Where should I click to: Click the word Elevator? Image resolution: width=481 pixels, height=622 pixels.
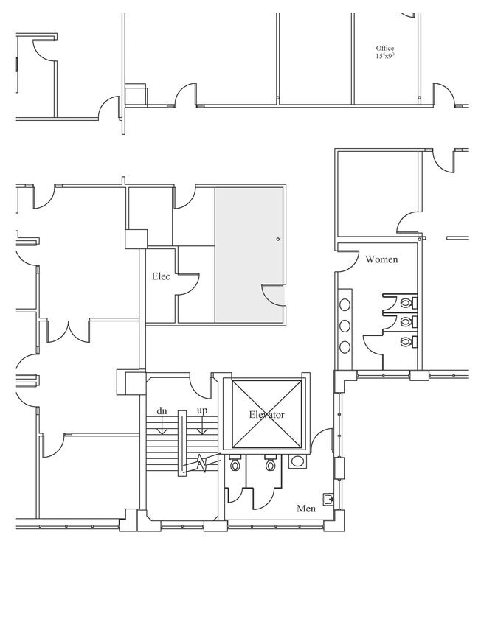266,415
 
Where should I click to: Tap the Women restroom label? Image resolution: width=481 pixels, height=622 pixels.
381,259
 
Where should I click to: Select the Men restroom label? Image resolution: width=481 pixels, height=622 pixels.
306,509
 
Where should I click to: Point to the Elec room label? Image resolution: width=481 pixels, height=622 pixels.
161,276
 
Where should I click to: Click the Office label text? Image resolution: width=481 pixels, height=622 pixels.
385,49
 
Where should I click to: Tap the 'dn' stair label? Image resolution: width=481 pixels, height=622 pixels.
161,410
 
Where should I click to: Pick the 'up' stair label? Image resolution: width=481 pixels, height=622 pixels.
201,410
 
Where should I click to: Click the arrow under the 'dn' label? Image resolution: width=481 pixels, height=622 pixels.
162,426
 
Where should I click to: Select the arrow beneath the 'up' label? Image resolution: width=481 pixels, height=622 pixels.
201,426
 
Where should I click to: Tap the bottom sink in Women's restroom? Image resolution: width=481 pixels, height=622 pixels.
345,346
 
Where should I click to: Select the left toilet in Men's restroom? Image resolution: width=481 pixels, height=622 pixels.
235,465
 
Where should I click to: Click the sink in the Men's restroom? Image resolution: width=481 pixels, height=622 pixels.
298,462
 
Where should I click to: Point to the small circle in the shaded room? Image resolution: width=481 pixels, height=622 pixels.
277,239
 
